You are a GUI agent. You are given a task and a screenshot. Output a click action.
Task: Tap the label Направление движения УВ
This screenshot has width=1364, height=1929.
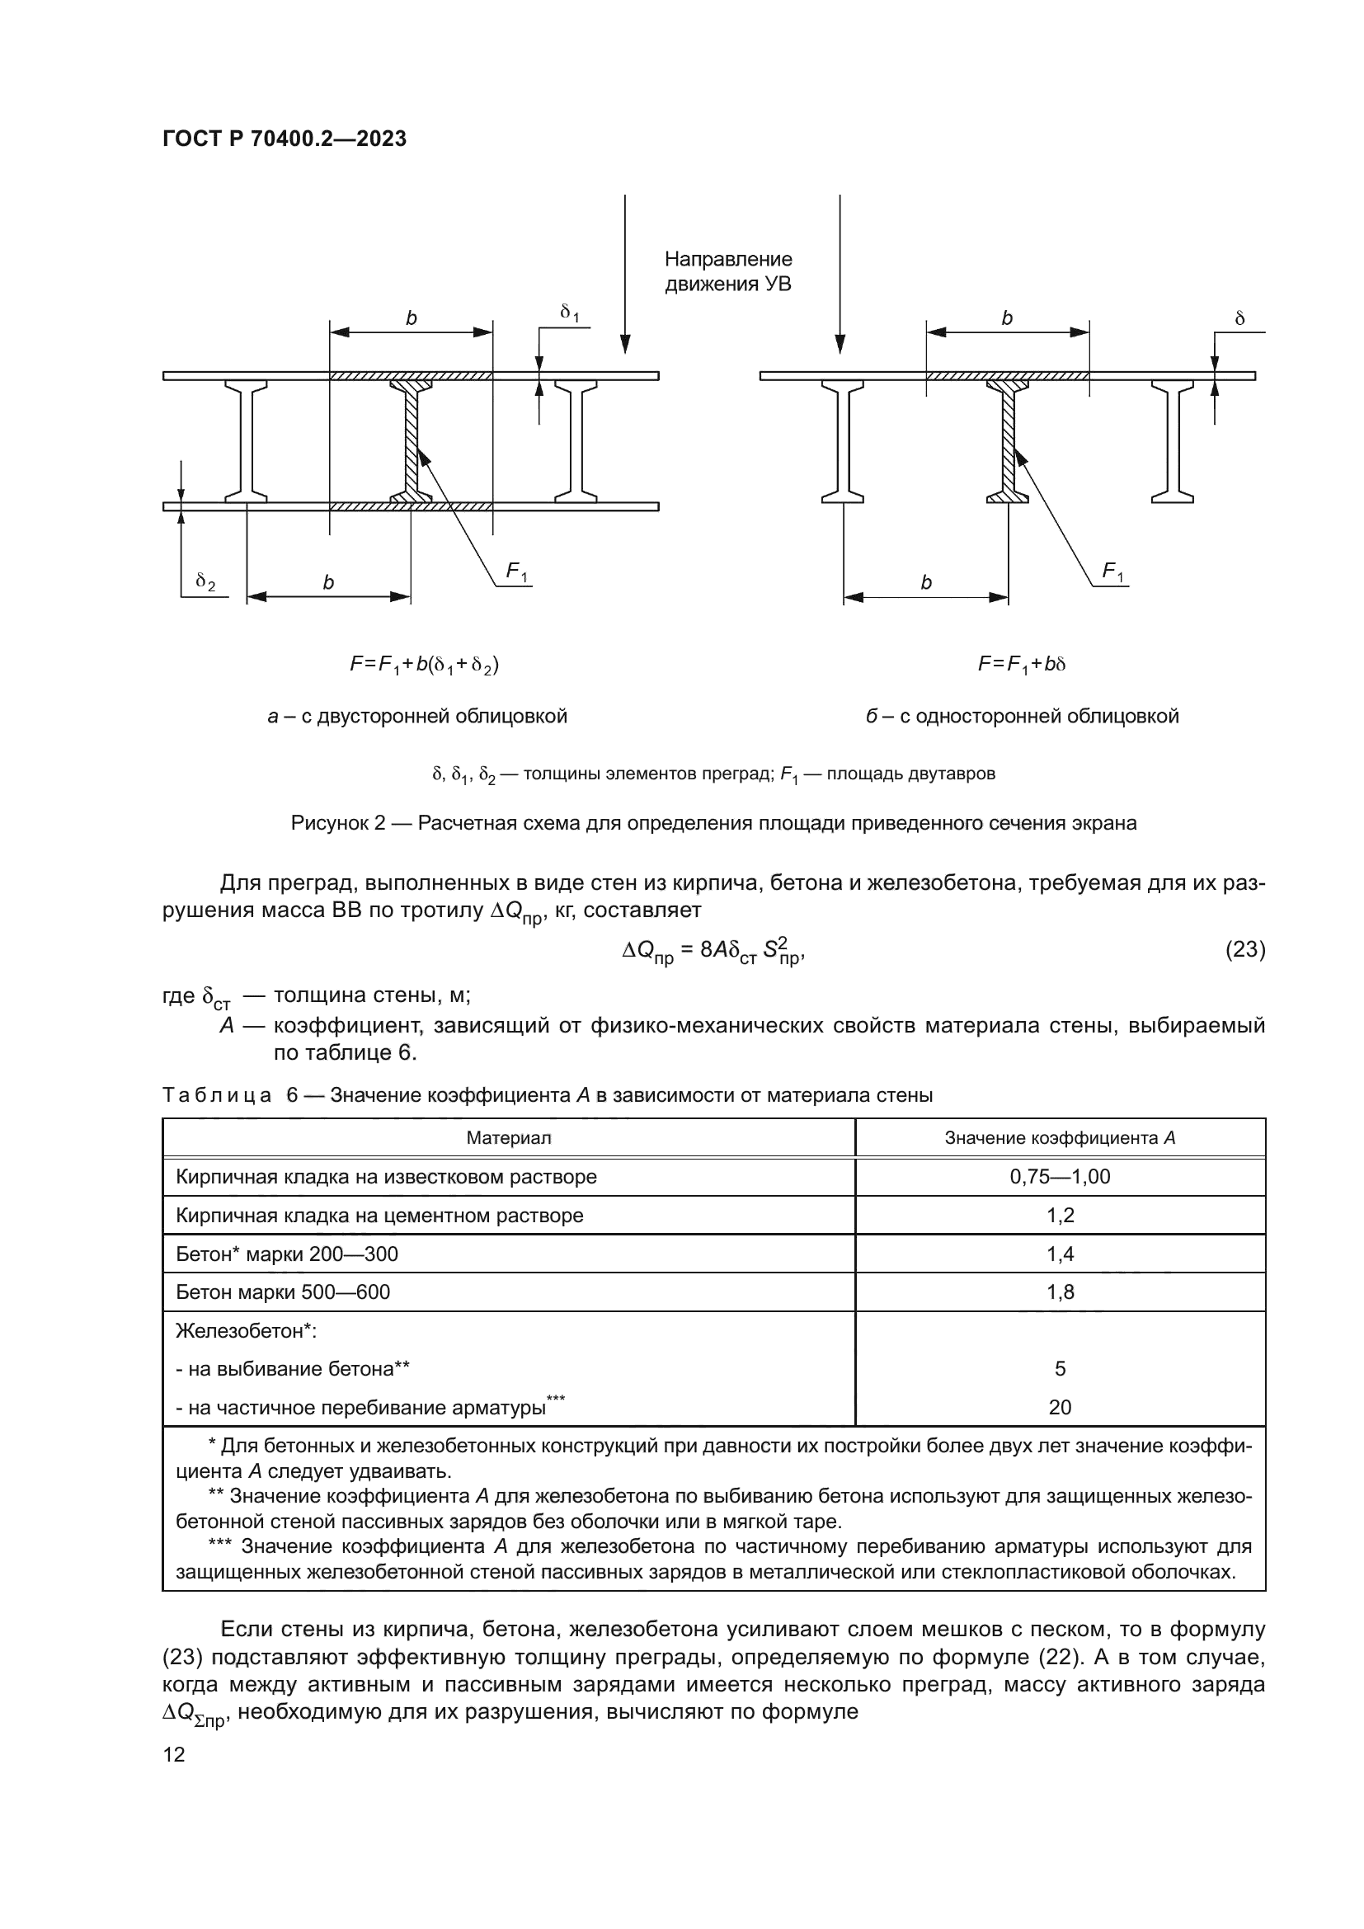[727, 271]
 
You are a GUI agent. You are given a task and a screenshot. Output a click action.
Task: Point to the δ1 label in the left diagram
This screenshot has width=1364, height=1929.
[570, 313]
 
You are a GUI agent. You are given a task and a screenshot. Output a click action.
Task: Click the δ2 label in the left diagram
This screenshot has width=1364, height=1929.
[205, 581]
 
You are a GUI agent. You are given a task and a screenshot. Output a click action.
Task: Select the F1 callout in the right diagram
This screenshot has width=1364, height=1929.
[1112, 573]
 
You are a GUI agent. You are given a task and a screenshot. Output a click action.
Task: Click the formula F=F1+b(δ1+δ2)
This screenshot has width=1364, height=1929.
[424, 666]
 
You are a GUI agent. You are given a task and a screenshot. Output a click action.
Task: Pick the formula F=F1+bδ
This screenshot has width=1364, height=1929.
[1021, 665]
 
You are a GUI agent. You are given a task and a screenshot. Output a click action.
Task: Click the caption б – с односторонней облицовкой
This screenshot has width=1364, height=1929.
[1022, 717]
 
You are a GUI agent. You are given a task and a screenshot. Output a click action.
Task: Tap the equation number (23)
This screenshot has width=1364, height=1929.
[1244, 949]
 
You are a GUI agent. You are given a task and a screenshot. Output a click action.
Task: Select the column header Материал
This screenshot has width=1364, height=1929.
[508, 1138]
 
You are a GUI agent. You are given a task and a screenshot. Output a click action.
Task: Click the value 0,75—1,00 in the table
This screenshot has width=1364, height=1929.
[1060, 1177]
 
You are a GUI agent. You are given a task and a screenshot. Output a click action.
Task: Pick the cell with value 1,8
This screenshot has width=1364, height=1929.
[1060, 1292]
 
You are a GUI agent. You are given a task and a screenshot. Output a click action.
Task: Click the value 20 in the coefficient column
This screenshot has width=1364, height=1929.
[1060, 1407]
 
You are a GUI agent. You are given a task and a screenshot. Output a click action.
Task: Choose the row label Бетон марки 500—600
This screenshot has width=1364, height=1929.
[283, 1292]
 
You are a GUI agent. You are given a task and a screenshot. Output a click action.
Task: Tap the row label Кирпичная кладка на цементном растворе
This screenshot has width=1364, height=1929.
[379, 1216]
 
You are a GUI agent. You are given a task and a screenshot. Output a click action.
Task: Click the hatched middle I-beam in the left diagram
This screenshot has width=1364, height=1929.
[412, 441]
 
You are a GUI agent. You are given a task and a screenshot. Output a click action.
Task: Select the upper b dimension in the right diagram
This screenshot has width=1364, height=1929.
[1007, 319]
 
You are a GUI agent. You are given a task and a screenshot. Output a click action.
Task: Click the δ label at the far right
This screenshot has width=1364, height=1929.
[1239, 319]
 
